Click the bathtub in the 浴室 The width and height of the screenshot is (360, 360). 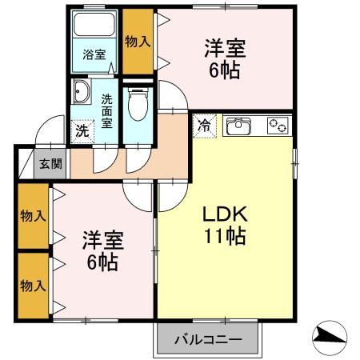[94, 24]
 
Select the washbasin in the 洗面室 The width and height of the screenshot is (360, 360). [82, 92]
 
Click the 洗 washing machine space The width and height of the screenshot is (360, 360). [82, 131]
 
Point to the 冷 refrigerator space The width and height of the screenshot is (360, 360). [204, 126]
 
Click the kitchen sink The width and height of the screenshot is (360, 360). [238, 126]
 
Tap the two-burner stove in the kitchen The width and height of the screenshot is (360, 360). [278, 126]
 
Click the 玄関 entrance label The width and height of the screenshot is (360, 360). [50, 163]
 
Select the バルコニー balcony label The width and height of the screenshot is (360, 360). [208, 340]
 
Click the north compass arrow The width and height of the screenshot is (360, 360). [330, 338]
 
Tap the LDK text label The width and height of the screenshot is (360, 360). [226, 214]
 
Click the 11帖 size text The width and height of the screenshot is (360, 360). [225, 236]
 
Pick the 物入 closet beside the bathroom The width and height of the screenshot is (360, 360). [138, 42]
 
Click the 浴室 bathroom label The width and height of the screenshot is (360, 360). [94, 54]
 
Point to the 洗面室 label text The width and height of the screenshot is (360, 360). [106, 111]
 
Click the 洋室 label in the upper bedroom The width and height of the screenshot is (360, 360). [225, 48]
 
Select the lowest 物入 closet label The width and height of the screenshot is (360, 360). [33, 286]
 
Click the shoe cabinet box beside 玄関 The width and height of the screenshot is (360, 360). [26, 164]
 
